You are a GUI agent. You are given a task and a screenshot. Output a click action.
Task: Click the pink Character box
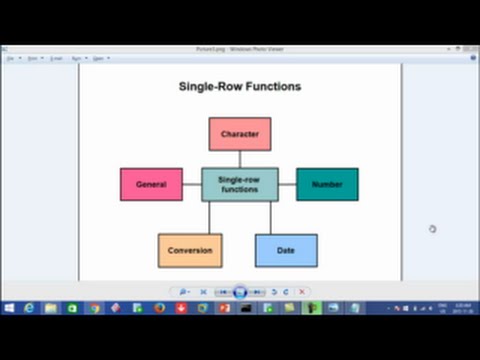[239, 134]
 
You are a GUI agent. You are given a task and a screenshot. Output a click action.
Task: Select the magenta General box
[151, 184]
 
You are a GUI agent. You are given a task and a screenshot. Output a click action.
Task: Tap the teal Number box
[327, 184]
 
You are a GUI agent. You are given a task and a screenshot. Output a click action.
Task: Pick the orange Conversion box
[190, 250]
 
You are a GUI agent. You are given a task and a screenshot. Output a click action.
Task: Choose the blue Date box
[286, 250]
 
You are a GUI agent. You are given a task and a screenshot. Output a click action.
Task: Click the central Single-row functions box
[240, 184]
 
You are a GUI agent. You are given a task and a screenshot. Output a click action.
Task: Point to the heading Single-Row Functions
[240, 86]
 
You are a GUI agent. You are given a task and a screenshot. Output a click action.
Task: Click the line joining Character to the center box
[240, 158]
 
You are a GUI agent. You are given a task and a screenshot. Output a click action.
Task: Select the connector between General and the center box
[192, 184]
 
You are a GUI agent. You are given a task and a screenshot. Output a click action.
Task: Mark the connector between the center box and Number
[287, 184]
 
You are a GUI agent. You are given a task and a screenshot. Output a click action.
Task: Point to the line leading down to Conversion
[209, 217]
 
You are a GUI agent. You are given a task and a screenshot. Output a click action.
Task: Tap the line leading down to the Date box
[271, 217]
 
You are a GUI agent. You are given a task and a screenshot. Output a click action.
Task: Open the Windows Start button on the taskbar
[9, 308]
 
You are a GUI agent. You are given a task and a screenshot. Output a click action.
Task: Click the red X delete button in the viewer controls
[302, 292]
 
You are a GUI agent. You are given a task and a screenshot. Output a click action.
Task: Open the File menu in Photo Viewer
[12, 58]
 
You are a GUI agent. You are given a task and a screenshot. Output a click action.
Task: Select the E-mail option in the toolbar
[56, 58]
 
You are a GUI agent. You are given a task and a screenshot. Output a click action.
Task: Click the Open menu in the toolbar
[98, 58]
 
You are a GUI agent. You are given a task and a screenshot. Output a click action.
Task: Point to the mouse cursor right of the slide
[432, 229]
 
